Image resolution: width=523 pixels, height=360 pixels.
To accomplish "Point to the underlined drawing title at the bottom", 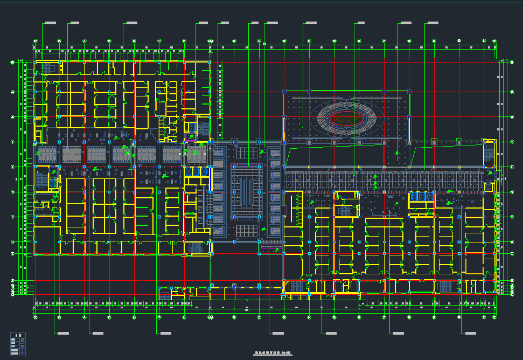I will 273,354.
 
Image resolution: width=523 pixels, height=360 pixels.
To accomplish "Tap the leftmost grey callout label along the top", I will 50,23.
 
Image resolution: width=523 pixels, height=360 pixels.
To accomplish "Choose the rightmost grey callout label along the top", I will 432,23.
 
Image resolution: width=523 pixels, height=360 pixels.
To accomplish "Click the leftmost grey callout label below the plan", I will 63,334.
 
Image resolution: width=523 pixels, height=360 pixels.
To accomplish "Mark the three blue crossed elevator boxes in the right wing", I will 422,197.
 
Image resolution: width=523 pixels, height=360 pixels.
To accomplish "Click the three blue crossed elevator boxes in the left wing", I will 197,172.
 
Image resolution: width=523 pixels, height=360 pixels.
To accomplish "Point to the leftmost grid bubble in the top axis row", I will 35,41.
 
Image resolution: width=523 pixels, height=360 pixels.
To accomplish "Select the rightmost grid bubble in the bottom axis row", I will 494,317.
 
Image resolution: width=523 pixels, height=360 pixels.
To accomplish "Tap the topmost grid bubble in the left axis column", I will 13,63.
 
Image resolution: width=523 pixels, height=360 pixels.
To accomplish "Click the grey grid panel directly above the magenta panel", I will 247,151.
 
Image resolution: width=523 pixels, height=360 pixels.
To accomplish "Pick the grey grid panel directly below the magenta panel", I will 247,230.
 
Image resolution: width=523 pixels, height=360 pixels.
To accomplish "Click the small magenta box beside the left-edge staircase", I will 54,172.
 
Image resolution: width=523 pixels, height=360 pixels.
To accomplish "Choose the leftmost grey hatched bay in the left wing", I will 46,155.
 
